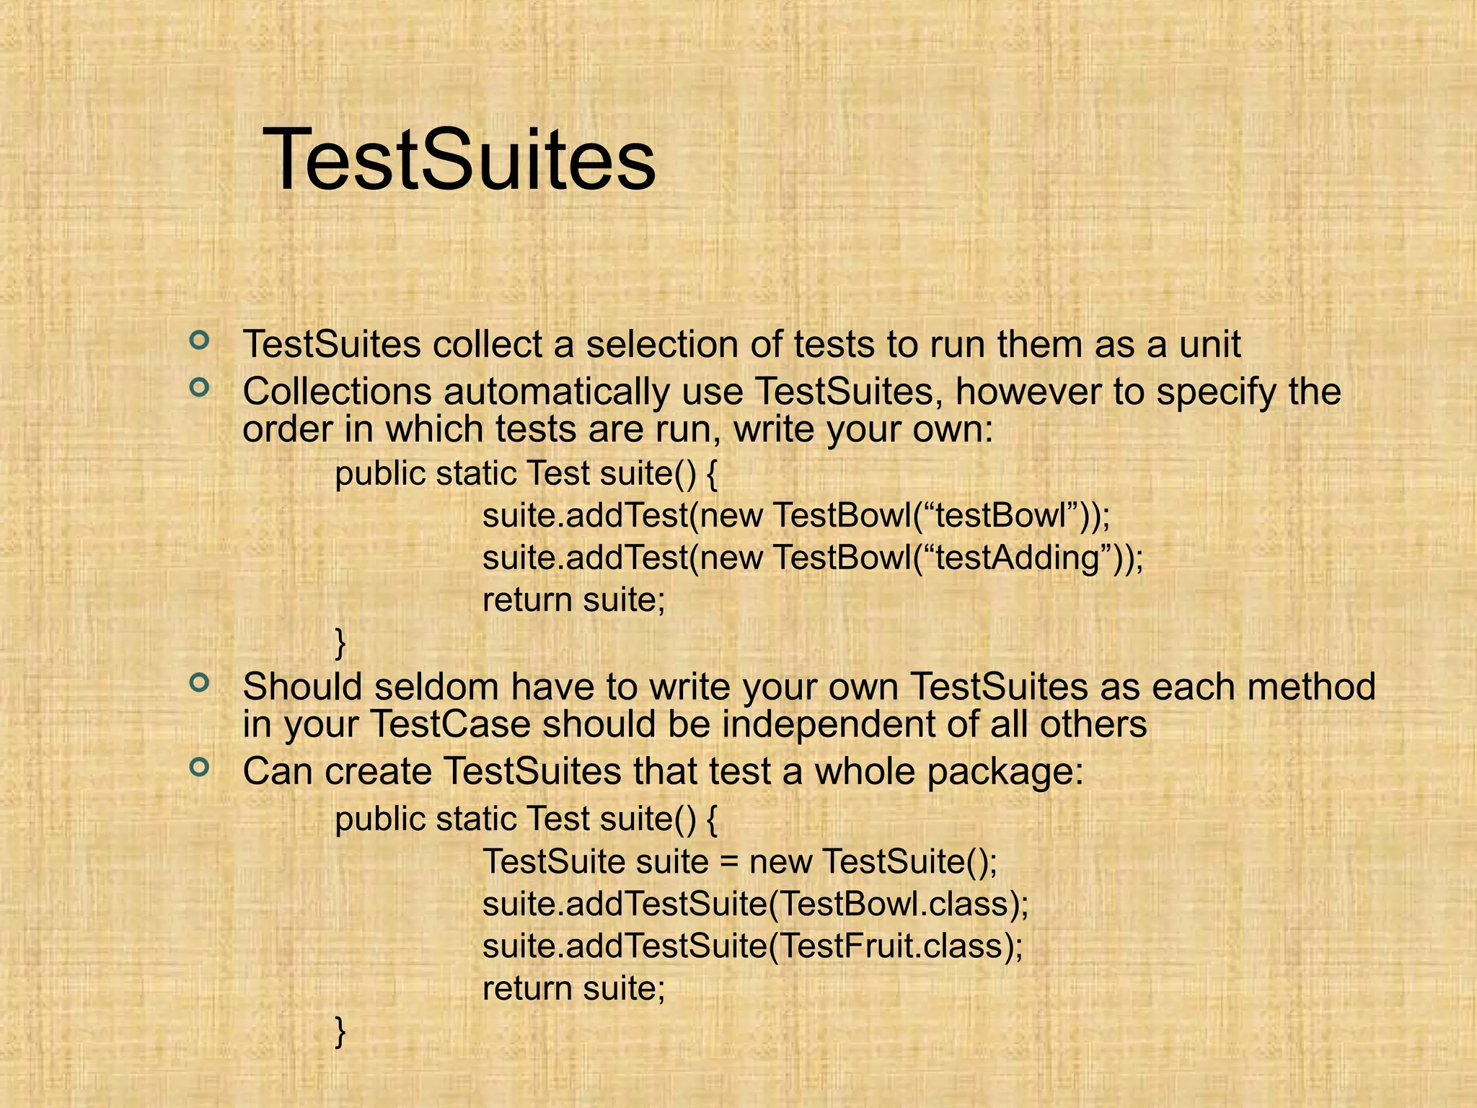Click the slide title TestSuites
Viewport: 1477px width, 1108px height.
[459, 159]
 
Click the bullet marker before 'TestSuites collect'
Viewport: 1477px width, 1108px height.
[199, 339]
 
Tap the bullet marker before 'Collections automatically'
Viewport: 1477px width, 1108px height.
[199, 388]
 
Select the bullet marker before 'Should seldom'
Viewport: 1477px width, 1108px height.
[199, 682]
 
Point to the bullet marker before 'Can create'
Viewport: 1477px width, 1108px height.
[199, 767]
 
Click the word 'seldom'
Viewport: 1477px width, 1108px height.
[437, 687]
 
